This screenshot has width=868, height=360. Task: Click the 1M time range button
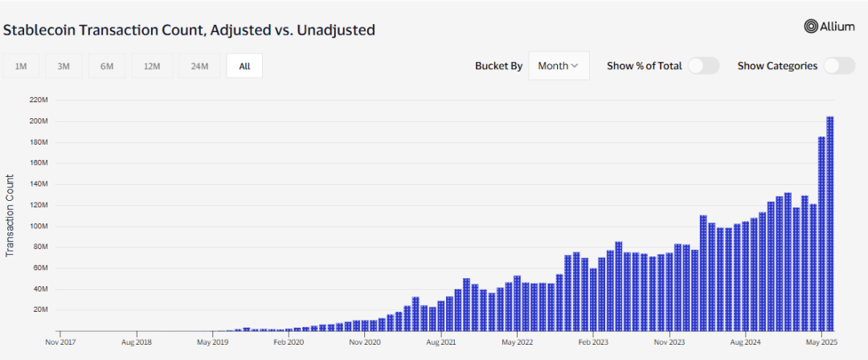coord(21,67)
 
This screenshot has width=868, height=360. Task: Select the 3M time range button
coord(63,67)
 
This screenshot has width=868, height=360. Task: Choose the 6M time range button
coord(107,67)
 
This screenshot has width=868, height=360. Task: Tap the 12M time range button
coord(153,67)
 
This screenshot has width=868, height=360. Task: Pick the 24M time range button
coord(199,67)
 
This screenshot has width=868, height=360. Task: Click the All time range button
coord(244,67)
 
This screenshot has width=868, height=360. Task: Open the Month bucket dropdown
coord(559,66)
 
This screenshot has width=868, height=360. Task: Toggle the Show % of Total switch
coord(704,66)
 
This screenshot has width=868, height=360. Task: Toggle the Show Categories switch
coord(839,66)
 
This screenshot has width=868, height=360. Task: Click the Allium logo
coord(830,27)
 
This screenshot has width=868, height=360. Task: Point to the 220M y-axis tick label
coord(39,100)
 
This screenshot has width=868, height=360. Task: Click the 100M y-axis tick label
coord(39,226)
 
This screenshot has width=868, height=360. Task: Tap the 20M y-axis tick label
coord(40,309)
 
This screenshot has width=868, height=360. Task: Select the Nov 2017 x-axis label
coord(60,342)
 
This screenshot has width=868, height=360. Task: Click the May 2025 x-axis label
coord(821,342)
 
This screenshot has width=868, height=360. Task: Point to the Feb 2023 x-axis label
coord(592,342)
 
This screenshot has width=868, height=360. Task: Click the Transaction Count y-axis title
coord(10,215)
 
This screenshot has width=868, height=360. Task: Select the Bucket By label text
coord(498,66)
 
